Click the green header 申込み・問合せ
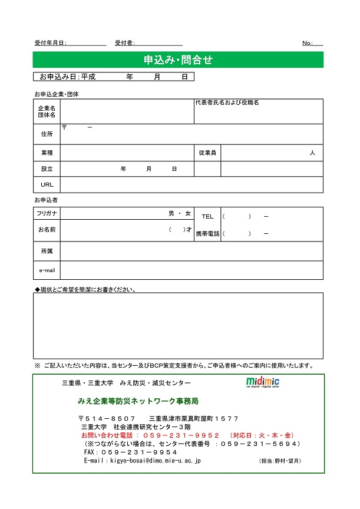coord(178,60)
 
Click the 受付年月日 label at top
coord(51,43)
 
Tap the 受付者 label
coord(125,43)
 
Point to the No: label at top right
coord(308,43)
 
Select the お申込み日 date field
coord(114,77)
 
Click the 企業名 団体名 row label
coord(47,112)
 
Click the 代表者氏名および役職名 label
coord(227,103)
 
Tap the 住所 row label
coord(47,134)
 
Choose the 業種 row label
coord(47,153)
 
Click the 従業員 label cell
coord(207,153)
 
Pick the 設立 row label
coord(47,169)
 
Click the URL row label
coord(47,185)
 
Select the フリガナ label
coord(47,213)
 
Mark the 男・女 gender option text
coord(180,213)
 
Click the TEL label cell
coord(207,217)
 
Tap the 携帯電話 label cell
coord(207,234)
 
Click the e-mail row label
coord(47,270)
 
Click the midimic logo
coord(263,382)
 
